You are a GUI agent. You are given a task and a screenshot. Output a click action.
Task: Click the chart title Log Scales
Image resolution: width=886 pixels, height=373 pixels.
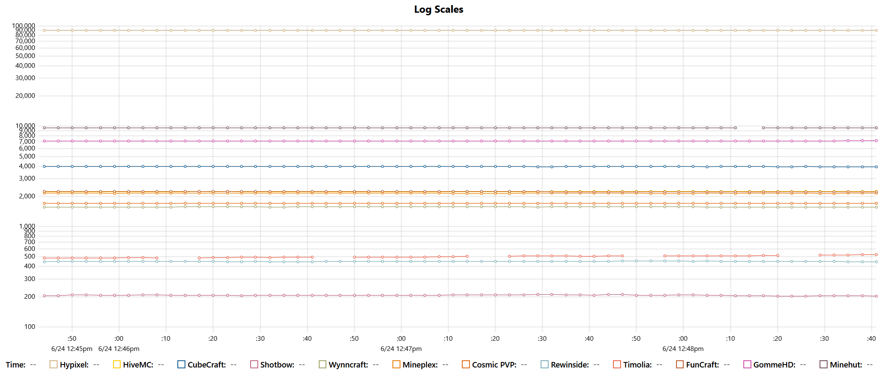(x=439, y=9)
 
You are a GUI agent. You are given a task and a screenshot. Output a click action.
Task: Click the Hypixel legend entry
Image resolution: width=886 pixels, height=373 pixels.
(x=74, y=365)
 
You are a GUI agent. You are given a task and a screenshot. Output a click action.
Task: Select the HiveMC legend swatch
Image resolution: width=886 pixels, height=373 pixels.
(x=117, y=365)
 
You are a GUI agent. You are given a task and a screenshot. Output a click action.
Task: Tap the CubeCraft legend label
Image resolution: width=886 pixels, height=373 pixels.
(x=207, y=365)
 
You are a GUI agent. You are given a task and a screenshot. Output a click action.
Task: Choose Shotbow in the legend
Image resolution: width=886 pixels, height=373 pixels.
(x=277, y=365)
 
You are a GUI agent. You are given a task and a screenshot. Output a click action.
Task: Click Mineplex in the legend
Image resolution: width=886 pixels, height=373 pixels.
(x=420, y=365)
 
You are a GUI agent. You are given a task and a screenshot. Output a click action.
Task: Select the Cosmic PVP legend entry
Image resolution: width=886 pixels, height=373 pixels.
(x=494, y=365)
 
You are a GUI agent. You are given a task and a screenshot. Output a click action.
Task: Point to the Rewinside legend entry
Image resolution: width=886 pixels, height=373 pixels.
(x=570, y=365)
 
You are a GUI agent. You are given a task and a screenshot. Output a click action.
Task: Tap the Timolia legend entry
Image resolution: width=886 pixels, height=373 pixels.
(x=637, y=365)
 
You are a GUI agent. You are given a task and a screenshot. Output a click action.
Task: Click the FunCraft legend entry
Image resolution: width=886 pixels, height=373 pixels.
(x=702, y=365)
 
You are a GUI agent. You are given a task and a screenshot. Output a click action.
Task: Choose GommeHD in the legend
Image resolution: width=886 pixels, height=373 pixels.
(x=774, y=365)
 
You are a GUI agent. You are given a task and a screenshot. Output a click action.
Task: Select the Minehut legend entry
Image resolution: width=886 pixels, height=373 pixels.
(x=846, y=365)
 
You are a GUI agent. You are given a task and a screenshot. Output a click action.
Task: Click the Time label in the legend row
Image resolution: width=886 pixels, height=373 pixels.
(x=16, y=365)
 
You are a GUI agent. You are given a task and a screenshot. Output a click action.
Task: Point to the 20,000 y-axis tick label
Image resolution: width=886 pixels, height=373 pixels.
(x=25, y=96)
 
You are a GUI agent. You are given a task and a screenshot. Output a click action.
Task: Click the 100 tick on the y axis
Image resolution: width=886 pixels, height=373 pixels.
(x=30, y=327)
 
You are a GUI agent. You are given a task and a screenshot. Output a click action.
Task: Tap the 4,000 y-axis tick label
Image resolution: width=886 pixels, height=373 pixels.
(x=27, y=166)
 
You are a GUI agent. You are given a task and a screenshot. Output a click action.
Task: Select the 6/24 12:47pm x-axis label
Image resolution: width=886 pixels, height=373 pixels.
(x=401, y=349)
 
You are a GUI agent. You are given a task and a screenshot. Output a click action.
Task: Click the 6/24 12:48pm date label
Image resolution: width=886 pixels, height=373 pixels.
(x=683, y=349)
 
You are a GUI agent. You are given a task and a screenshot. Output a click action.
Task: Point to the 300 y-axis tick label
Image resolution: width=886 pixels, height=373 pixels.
(x=30, y=279)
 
